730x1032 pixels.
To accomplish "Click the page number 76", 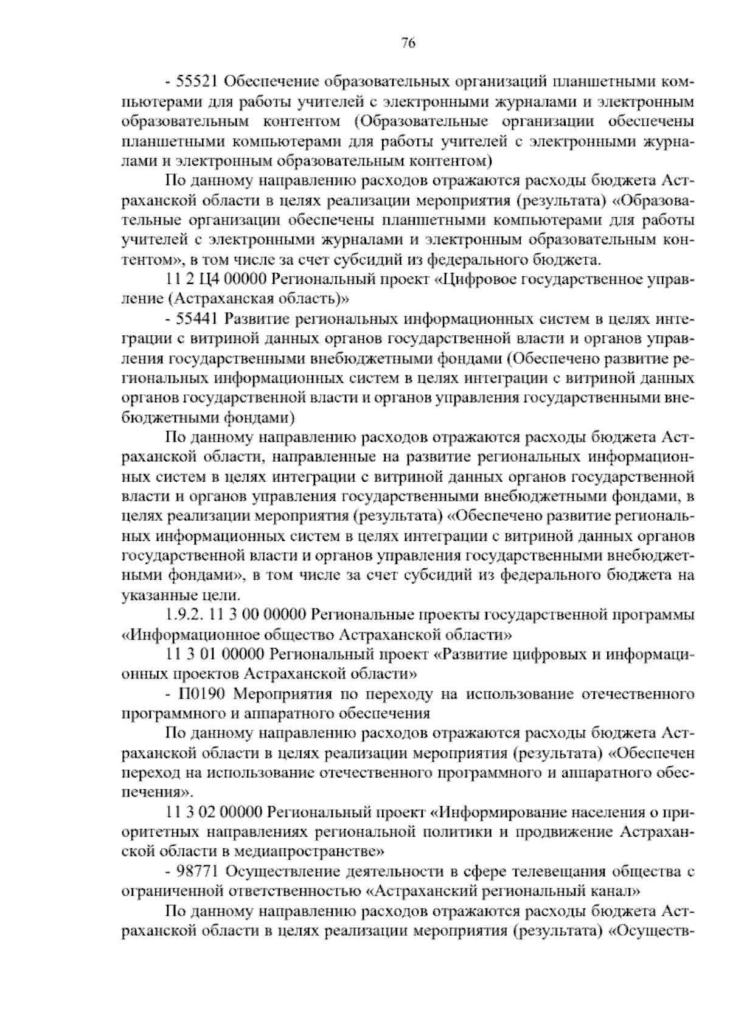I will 408,43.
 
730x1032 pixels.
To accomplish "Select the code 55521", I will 193,82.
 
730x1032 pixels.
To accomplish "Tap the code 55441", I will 193,319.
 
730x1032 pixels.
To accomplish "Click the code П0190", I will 203,694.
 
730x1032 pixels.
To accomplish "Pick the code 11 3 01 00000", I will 214,654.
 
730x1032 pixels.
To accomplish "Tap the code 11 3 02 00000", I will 214,812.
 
